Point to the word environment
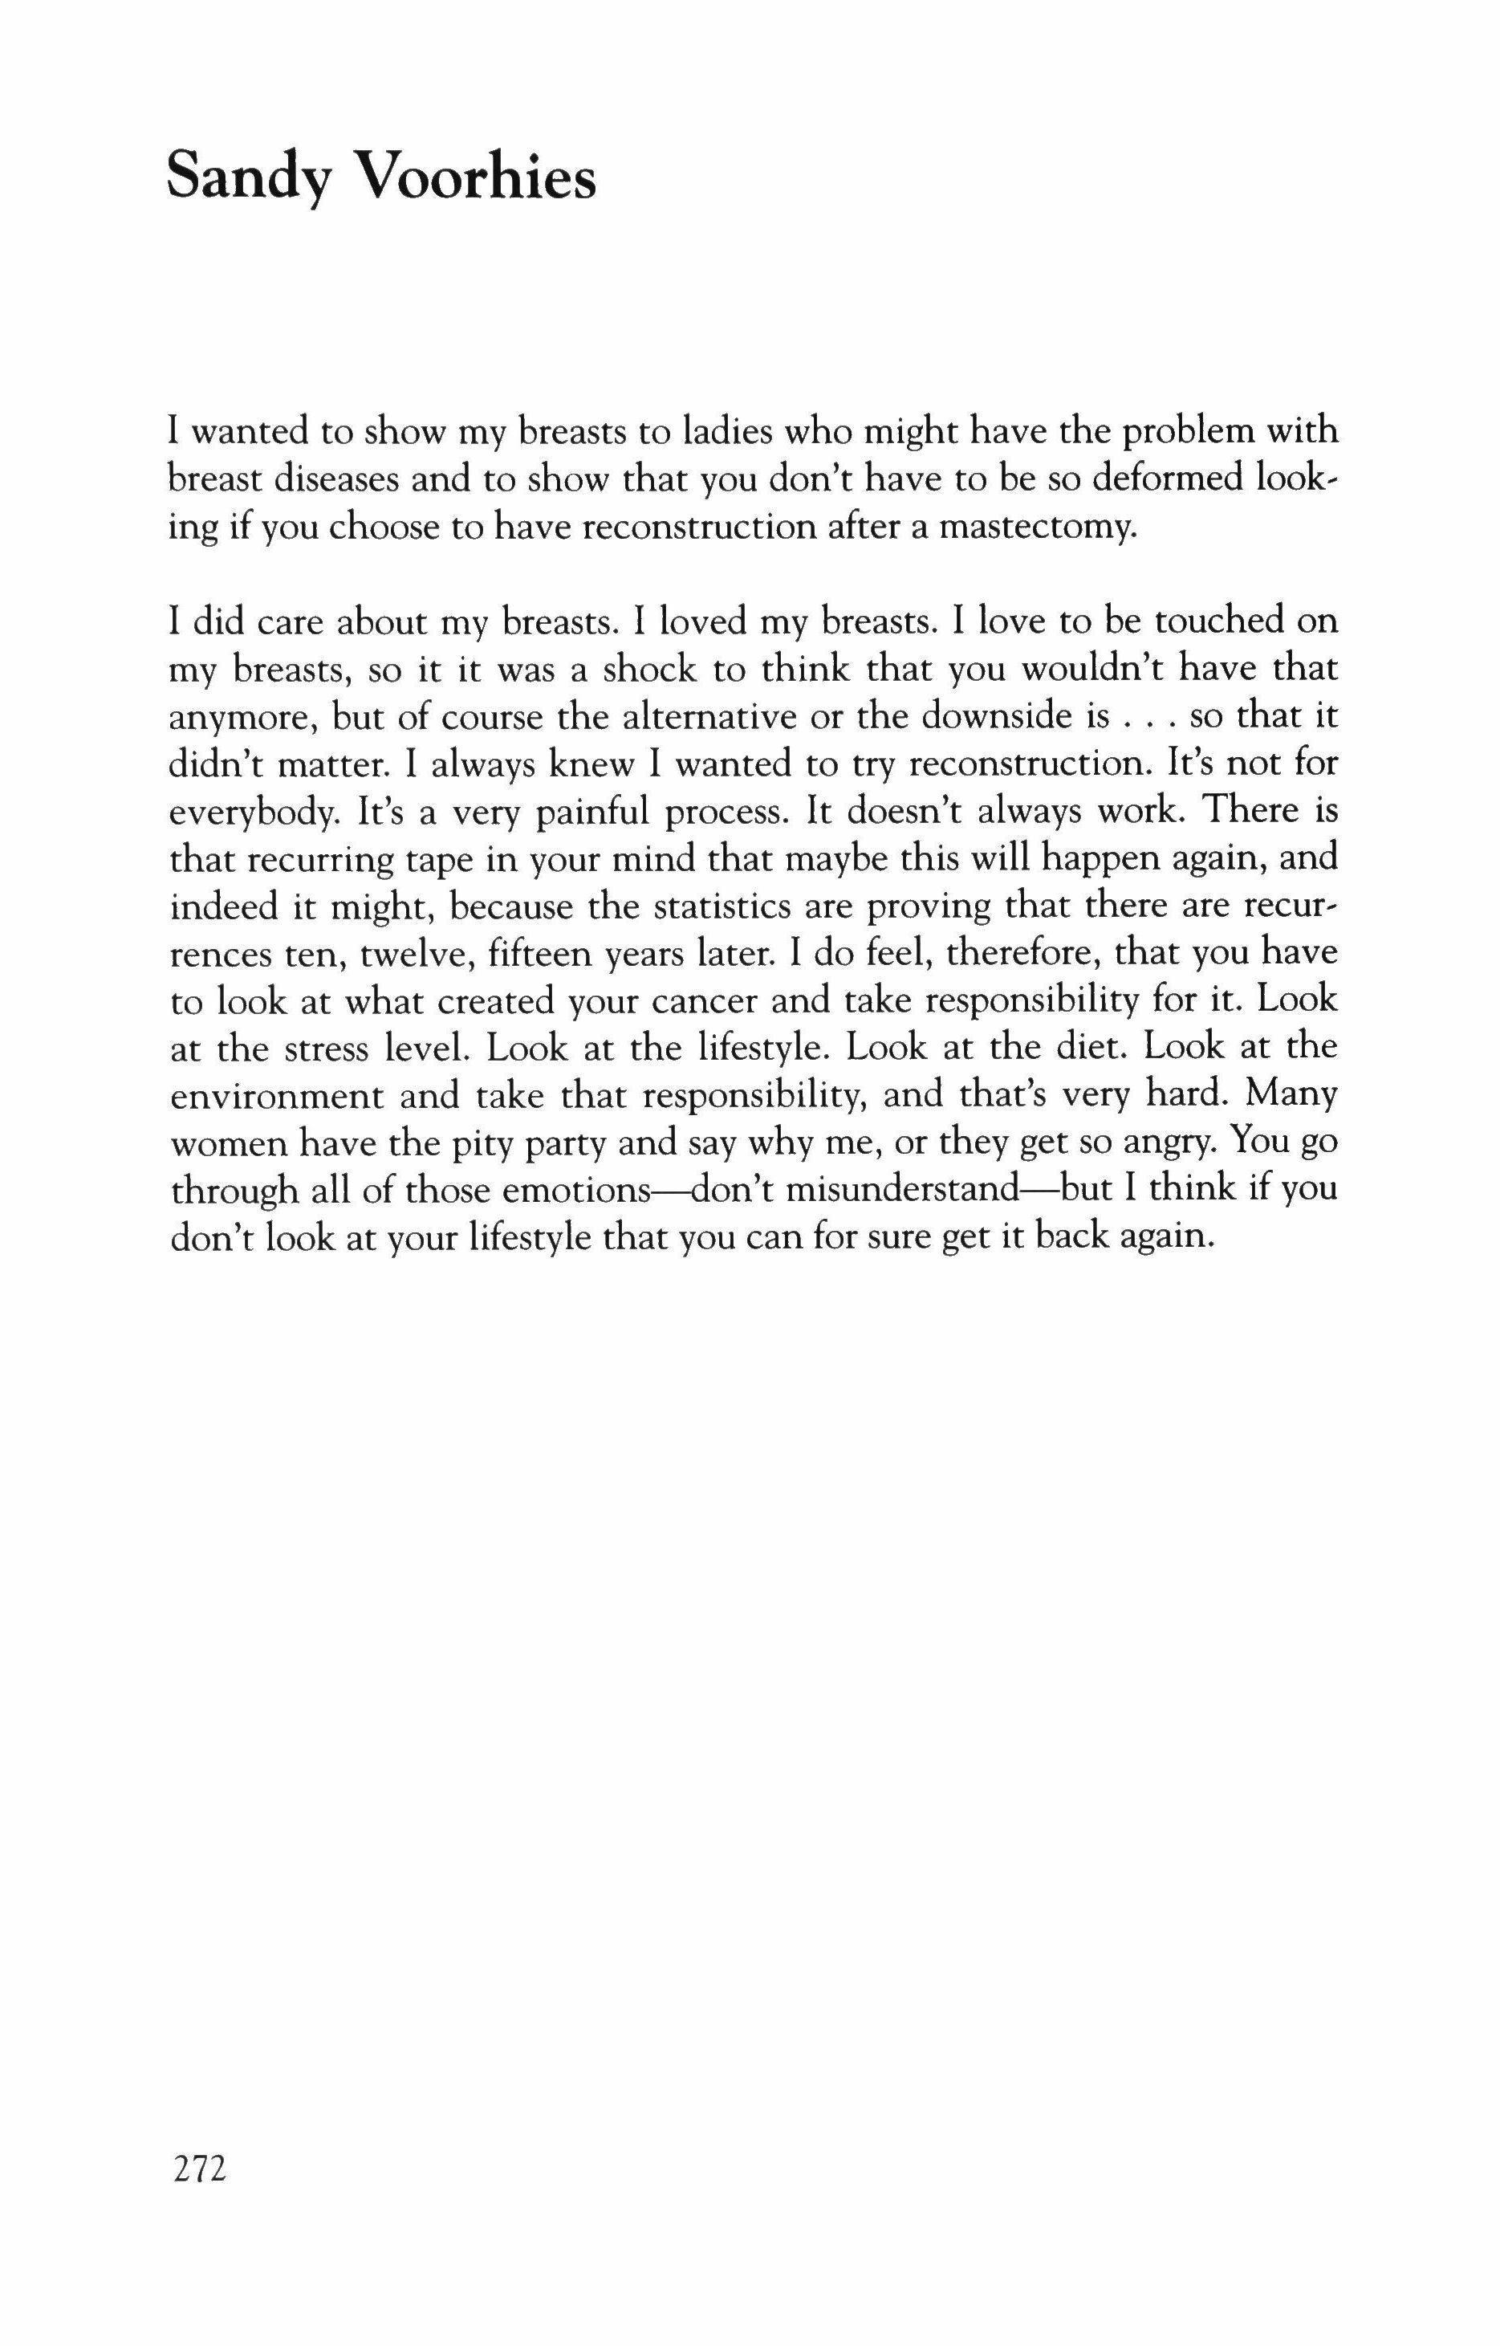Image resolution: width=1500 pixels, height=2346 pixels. (x=278, y=1096)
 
